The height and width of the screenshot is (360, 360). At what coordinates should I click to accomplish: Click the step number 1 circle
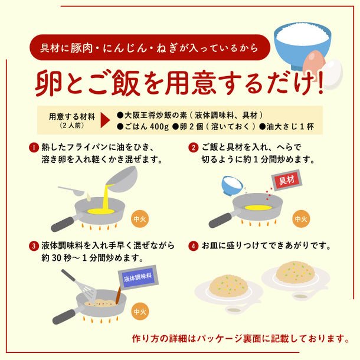click(34, 148)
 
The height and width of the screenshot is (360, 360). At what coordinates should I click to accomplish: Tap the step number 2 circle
click(194, 148)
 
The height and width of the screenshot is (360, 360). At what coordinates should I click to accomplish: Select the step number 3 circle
click(34, 246)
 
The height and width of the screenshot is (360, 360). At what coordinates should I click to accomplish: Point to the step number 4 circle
click(194, 246)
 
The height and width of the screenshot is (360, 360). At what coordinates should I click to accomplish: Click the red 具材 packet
click(287, 181)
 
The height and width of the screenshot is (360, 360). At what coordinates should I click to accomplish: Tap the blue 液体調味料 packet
click(138, 278)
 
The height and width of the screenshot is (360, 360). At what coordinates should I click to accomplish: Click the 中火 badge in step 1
click(140, 219)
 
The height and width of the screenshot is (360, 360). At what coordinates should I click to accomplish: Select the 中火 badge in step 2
click(301, 219)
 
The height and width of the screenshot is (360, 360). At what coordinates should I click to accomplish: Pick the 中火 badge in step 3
click(140, 312)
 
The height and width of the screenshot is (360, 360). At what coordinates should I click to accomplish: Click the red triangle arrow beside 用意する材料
click(105, 120)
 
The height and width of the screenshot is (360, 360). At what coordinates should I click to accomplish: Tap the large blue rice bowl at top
click(302, 46)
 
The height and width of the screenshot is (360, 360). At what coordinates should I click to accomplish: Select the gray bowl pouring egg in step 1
click(122, 179)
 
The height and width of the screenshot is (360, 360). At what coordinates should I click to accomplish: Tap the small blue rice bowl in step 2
click(232, 185)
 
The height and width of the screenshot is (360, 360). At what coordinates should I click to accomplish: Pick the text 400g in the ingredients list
click(159, 127)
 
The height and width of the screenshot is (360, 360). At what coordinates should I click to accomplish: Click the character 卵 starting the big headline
click(48, 83)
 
